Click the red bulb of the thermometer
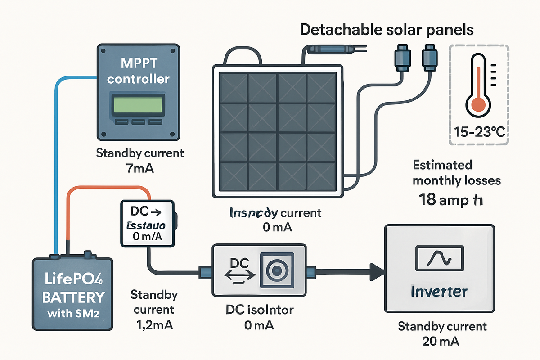[477, 104]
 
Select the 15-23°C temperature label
[479, 132]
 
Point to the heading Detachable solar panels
[387, 30]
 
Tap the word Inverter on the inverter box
[439, 292]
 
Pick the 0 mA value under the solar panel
[276, 227]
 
